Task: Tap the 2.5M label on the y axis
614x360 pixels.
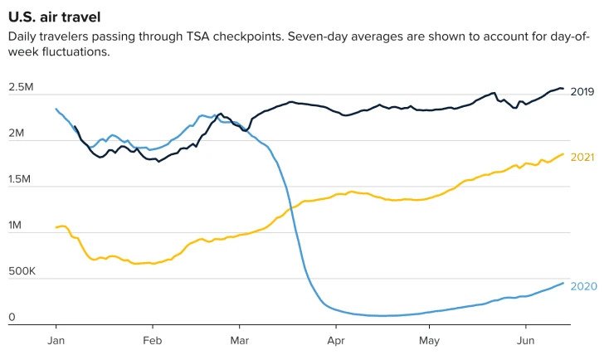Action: point(22,88)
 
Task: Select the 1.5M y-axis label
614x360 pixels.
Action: point(22,179)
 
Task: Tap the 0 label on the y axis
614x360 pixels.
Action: point(12,317)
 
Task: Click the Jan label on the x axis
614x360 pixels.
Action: point(56,341)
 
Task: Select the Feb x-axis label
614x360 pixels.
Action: point(151,341)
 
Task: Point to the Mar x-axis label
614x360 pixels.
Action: point(240,341)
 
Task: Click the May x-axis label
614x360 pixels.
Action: point(428,341)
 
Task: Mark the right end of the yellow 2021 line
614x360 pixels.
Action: point(563,153)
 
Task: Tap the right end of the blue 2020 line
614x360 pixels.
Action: point(563,283)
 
